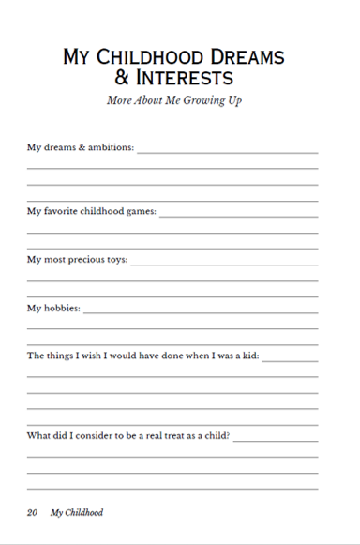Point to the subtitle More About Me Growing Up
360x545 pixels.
tap(173, 100)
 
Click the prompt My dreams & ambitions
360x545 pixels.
tap(81, 147)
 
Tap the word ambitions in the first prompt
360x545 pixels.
tap(109, 147)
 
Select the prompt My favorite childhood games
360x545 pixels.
tap(92, 211)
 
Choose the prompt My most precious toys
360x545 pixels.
tap(77, 259)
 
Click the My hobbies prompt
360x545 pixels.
tap(53, 308)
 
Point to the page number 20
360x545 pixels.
tap(32, 513)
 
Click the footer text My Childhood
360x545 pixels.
tap(77, 513)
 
